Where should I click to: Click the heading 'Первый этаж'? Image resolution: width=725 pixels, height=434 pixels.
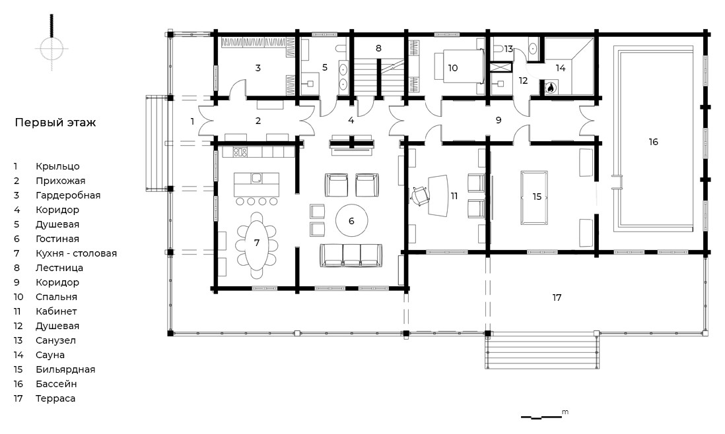coord(55,123)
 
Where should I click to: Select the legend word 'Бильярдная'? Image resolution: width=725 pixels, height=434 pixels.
coord(65,369)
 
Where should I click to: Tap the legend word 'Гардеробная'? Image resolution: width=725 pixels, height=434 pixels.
coord(68,195)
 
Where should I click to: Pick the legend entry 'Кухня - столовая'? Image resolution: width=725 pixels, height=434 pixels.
coord(77,253)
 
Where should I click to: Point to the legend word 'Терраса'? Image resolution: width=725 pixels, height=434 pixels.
coord(55,398)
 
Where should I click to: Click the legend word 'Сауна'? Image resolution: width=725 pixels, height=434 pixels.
coord(50,355)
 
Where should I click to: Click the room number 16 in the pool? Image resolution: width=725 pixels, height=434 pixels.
coord(653,142)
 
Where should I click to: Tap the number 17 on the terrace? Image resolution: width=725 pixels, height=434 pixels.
coord(557,298)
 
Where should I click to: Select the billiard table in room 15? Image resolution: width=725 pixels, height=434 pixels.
coord(534,197)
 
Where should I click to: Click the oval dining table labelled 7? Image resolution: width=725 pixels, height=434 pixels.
coord(257,246)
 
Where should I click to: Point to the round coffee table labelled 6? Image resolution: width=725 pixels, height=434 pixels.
coord(351,221)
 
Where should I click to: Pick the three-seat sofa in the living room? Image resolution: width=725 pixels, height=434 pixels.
coord(351,255)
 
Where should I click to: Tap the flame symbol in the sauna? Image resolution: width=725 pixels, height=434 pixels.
coord(551,87)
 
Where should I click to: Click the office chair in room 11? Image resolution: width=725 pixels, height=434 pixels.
coord(420,195)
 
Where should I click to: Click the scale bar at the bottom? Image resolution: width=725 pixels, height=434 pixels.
coord(541,418)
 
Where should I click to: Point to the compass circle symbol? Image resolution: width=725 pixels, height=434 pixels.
coord(52,48)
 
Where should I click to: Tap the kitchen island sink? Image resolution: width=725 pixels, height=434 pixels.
coord(257,178)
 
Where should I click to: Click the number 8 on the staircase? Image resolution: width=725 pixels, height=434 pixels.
coord(378,48)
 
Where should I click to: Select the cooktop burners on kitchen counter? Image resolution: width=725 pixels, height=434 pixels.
coord(240,152)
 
